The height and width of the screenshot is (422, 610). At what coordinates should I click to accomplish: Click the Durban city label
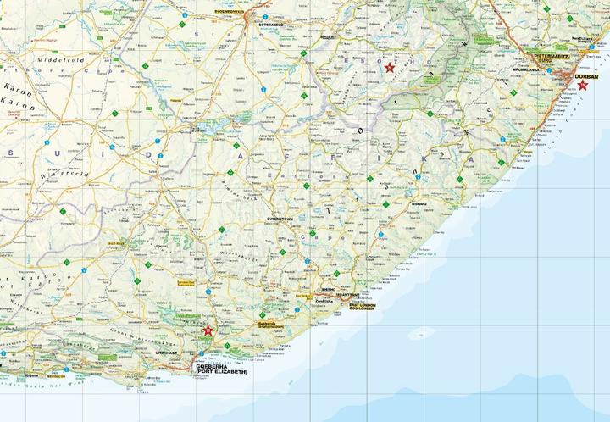(x=585, y=76)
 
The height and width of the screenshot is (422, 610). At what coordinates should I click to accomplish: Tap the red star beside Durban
(x=582, y=85)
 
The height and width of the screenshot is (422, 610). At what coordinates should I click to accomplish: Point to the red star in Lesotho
(x=390, y=68)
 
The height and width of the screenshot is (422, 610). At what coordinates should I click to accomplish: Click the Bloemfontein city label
(x=230, y=11)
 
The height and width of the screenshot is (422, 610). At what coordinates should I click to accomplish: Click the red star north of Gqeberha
(x=208, y=330)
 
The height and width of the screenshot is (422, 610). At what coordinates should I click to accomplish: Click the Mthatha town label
(x=419, y=204)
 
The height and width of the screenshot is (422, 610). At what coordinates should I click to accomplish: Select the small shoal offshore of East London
(x=414, y=334)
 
